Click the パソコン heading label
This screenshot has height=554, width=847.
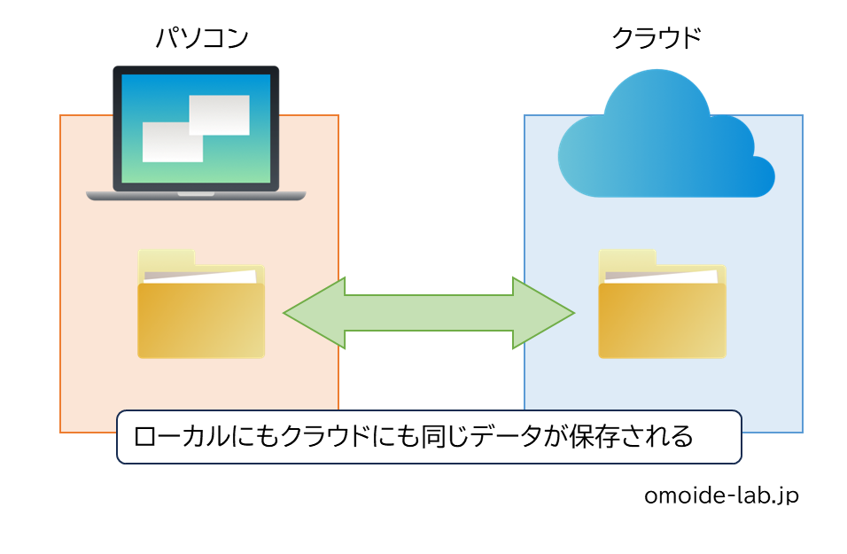tap(201, 38)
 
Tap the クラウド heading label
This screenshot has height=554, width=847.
tap(657, 38)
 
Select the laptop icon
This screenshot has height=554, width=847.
tap(196, 130)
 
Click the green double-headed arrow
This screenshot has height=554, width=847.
tap(429, 313)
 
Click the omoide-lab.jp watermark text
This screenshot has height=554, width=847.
tap(720, 495)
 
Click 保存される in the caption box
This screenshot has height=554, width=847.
tap(633, 437)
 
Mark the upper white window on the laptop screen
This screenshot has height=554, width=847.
tap(220, 114)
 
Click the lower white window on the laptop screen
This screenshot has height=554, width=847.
tap(173, 142)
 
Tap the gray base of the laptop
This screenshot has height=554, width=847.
tap(196, 195)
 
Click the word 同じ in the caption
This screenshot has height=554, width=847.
tap(437, 437)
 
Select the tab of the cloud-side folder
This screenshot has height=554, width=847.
tap(627, 258)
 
